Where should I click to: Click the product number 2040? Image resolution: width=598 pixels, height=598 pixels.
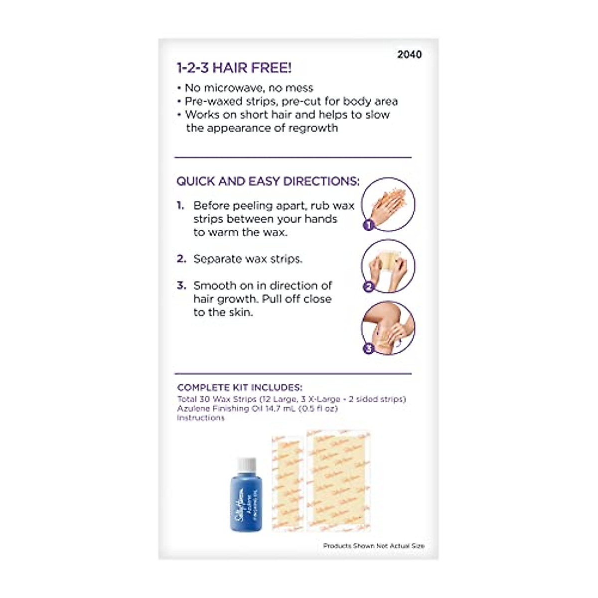(409, 54)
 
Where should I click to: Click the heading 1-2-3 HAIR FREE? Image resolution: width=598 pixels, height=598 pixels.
(234, 68)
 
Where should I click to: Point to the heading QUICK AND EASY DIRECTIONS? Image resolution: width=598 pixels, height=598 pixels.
(268, 181)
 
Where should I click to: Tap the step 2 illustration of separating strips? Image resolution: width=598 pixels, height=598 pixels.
(389, 266)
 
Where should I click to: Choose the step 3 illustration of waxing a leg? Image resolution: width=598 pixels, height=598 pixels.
(389, 327)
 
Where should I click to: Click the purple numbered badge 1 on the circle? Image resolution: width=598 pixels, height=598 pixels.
(368, 225)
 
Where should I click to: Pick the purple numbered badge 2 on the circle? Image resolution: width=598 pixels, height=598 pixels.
(368, 287)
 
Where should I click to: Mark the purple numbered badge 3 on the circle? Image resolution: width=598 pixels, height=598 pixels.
(368, 348)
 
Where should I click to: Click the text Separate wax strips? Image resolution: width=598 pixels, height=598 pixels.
(248, 259)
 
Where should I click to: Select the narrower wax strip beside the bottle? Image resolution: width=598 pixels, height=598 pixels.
(288, 482)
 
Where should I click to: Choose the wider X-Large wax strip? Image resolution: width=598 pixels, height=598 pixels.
(338, 481)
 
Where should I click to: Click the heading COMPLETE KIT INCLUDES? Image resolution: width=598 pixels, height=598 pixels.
(240, 388)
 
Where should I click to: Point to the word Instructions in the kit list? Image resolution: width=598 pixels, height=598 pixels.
(201, 418)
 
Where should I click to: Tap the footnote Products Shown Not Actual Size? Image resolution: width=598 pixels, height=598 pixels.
(374, 546)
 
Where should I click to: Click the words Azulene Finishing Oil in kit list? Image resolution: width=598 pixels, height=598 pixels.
(219, 409)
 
